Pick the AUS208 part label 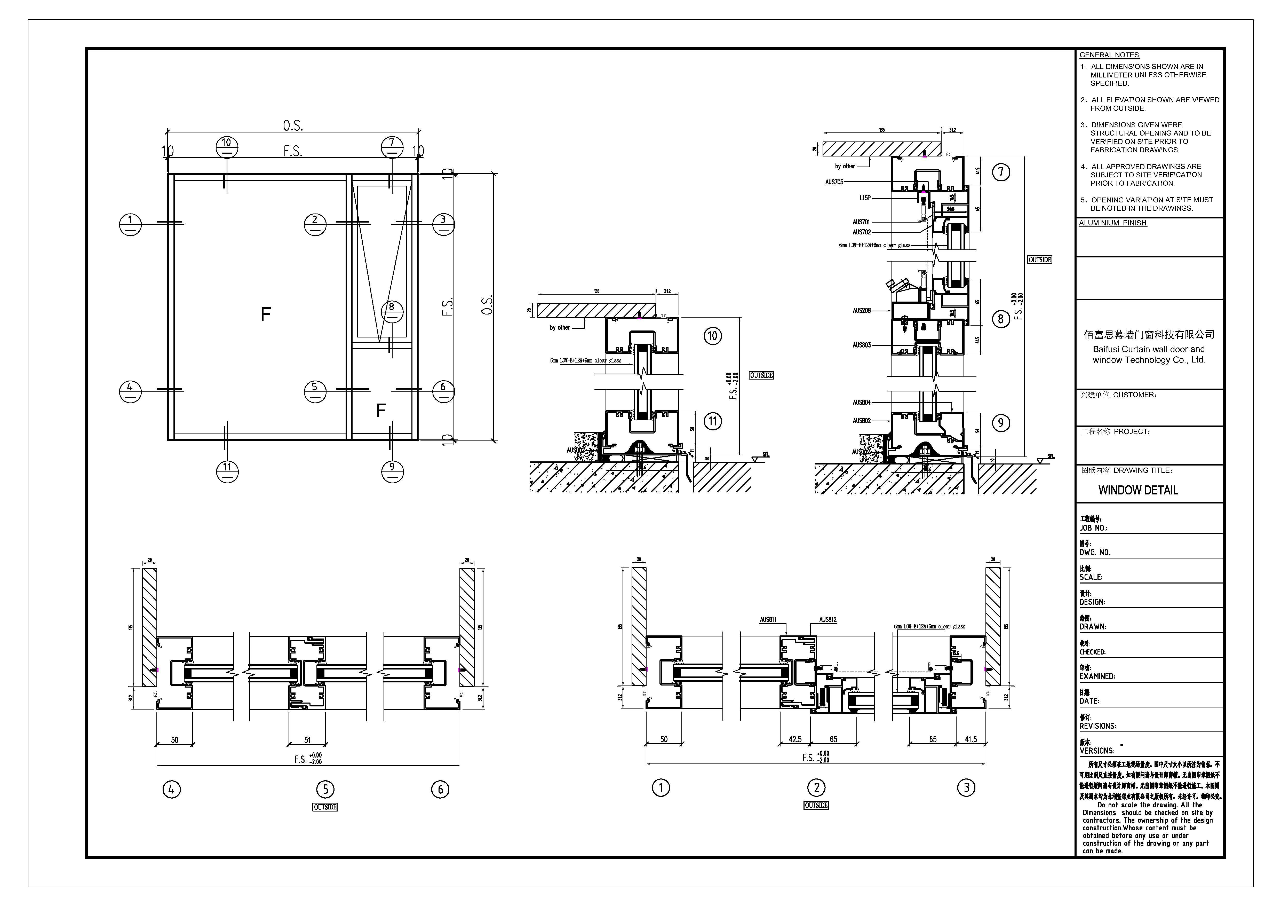click(861, 310)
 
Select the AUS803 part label click(861, 345)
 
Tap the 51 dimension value click(307, 740)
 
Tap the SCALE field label click(1091, 577)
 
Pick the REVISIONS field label click(1097, 726)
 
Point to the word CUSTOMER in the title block click(1135, 395)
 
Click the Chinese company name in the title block click(1149, 335)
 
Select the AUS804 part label click(861, 403)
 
